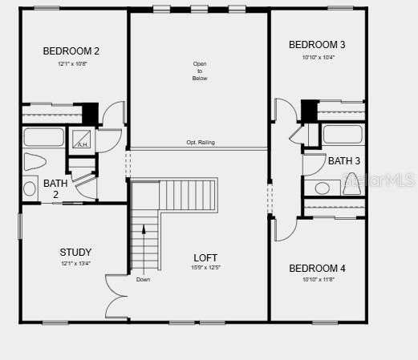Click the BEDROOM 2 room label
[x=71, y=51]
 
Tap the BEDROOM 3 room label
[x=318, y=44]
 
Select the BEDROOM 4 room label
[x=318, y=268]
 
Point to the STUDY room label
[x=75, y=252]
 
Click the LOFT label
[x=205, y=257]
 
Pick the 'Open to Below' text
[x=200, y=71]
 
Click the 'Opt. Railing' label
[x=201, y=143]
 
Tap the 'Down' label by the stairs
[x=143, y=280]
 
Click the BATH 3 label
[x=344, y=160]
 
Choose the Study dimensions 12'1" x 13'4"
[x=75, y=264]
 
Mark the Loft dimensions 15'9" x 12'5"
[x=205, y=268]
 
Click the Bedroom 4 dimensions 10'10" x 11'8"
[x=318, y=279]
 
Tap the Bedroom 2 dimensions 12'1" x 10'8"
[x=71, y=63]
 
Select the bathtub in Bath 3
[x=343, y=134]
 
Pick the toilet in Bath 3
[x=352, y=185]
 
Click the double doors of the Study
[x=116, y=297]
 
